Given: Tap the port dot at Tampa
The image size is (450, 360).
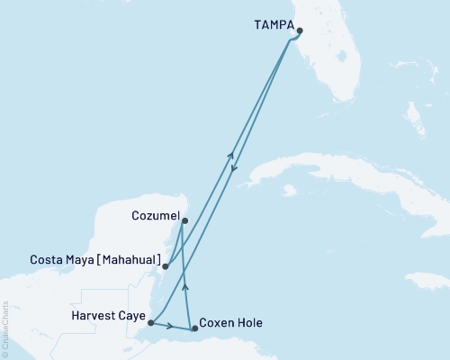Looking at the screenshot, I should click(300, 30).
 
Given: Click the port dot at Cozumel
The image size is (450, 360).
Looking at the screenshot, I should click(184, 220).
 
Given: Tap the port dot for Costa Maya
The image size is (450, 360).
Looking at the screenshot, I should click(165, 265).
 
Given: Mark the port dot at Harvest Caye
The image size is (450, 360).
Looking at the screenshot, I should click(150, 322).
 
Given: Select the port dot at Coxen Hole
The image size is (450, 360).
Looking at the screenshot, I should click(195, 329).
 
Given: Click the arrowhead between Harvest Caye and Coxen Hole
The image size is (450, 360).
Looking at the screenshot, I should click(168, 326).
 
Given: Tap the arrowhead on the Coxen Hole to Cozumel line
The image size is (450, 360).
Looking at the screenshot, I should click(186, 286).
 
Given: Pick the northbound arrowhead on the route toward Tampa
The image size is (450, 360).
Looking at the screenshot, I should click(231, 155).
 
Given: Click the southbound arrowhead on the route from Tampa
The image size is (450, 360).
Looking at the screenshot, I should click(234, 168).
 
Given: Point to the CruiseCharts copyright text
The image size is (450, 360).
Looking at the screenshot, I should click(5, 328).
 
